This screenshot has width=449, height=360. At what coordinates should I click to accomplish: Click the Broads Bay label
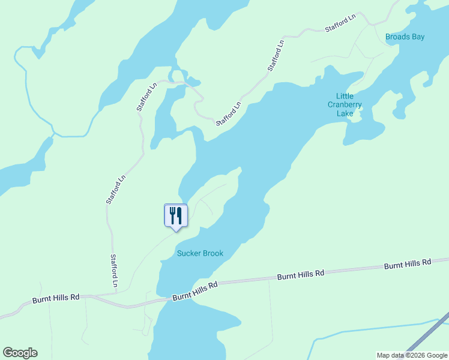click(405, 37)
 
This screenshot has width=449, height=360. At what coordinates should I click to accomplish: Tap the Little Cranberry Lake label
click(345, 104)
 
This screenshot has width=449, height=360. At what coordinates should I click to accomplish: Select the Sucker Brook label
click(200, 253)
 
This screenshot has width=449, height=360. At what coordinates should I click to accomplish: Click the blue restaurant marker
click(176, 215)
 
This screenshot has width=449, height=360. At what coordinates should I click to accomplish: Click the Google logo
click(20, 353)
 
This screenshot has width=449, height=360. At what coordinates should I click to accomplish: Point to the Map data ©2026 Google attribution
click(412, 355)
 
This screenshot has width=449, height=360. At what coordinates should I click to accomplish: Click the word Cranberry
click(345, 104)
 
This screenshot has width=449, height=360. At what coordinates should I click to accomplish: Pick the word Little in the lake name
click(345, 96)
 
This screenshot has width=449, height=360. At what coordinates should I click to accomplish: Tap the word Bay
click(418, 37)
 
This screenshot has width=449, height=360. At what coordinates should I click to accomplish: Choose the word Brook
click(212, 253)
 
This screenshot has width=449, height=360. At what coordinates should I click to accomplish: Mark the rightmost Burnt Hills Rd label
click(408, 263)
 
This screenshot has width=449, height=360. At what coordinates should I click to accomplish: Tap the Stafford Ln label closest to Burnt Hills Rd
click(114, 270)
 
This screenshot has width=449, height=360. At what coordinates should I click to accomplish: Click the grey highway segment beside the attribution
click(428, 333)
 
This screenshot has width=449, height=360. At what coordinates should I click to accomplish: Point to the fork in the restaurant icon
click(172, 215)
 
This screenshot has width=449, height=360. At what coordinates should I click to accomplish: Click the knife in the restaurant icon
click(179, 215)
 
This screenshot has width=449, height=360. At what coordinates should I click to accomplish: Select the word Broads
click(397, 37)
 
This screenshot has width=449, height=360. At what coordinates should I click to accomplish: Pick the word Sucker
click(188, 253)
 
